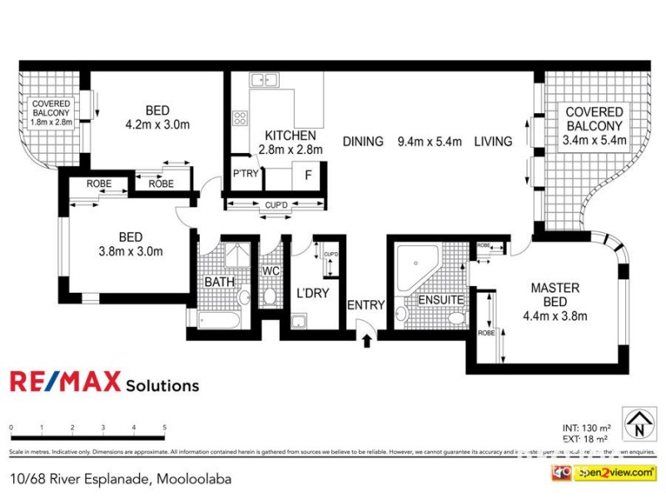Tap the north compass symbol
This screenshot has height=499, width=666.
click(x=639, y=422)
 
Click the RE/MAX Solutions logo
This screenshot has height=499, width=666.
click(x=104, y=383)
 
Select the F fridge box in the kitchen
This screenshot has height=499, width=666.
click(x=308, y=175)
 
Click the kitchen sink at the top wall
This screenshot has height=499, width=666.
click(x=265, y=81)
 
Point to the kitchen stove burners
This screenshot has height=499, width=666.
click(x=240, y=118)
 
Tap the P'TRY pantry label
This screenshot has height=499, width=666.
click(x=245, y=174)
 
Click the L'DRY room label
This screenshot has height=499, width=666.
click(x=313, y=294)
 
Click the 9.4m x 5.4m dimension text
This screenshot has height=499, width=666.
click(x=429, y=141)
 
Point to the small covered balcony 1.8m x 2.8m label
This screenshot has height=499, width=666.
click(x=52, y=112)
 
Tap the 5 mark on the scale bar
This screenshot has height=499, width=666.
click(x=165, y=427)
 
